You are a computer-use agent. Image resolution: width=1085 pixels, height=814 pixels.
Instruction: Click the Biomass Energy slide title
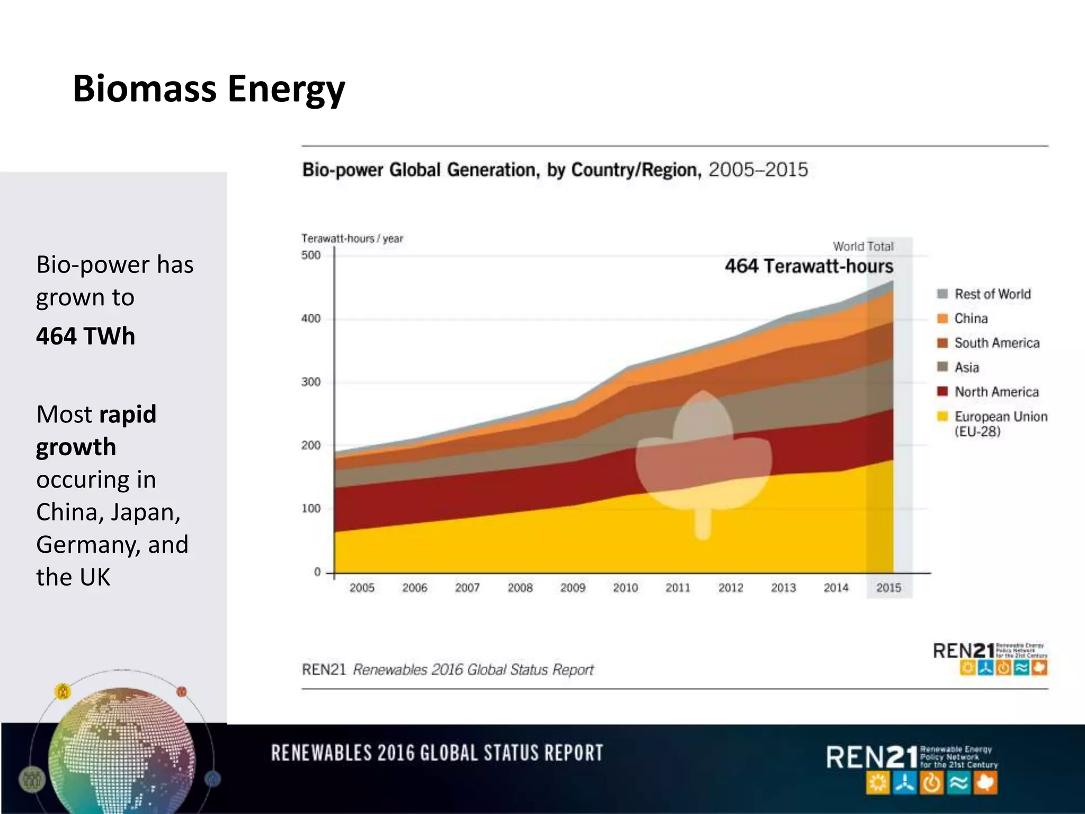(209, 89)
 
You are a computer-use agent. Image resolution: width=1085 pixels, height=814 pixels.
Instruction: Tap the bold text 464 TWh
(85, 337)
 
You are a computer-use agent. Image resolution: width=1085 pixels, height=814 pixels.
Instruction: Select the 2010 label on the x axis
(625, 588)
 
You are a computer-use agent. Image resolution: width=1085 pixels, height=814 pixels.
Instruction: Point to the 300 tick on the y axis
(311, 382)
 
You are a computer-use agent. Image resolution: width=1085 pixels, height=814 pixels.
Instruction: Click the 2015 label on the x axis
(888, 588)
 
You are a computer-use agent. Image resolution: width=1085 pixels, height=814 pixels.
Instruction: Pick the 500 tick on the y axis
(311, 255)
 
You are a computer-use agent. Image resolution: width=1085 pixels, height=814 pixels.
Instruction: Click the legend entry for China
(971, 318)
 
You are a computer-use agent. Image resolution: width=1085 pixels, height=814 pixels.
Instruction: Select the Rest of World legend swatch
(942, 294)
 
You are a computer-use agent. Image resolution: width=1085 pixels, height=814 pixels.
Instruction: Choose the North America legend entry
(996, 392)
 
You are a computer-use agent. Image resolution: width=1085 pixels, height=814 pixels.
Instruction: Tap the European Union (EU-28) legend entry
(1000, 423)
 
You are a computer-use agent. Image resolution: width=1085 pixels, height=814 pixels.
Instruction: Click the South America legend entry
(997, 343)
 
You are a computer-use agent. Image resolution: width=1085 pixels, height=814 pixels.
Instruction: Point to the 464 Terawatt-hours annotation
(808, 266)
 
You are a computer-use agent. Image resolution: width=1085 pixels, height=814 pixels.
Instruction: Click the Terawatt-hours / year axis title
(352, 238)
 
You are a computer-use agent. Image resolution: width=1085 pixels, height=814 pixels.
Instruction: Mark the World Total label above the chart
(863, 246)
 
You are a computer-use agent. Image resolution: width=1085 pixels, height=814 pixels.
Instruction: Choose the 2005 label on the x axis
(362, 588)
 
